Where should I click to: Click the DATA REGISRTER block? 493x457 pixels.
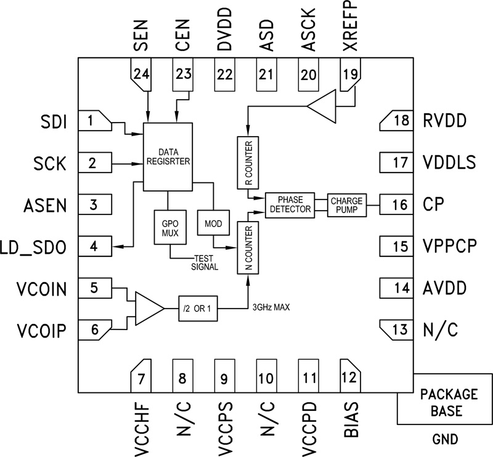tap(168, 156)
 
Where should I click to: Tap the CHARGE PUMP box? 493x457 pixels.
tap(347, 205)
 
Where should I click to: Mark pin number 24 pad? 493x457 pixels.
tap(141, 74)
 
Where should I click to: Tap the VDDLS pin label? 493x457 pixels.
tap(449, 163)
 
